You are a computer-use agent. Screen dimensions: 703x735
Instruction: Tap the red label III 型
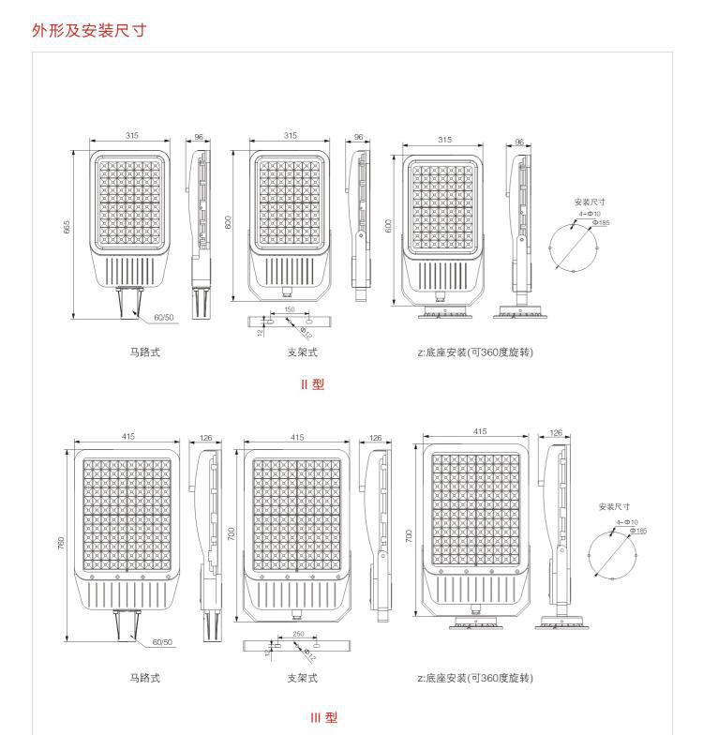[x=323, y=718]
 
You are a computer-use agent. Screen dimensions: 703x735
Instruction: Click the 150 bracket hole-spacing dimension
[x=289, y=308]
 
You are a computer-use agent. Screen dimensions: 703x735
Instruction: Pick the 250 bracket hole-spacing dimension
[x=297, y=634]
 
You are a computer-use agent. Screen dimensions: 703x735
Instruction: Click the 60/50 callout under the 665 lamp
[x=163, y=317]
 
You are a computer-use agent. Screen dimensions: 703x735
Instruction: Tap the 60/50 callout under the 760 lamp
[x=161, y=642]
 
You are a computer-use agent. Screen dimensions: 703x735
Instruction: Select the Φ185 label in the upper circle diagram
[x=601, y=222]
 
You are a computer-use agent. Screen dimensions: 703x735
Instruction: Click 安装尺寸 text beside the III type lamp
[x=614, y=507]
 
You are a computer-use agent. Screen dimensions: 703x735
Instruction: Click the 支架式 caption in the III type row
[x=302, y=677]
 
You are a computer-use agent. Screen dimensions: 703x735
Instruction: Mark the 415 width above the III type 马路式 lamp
[x=127, y=437]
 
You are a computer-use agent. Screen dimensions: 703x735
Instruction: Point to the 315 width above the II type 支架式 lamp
[x=290, y=136]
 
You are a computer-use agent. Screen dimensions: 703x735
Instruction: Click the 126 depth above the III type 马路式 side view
[x=205, y=437]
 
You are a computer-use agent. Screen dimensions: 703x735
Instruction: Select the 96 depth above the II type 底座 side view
[x=519, y=142]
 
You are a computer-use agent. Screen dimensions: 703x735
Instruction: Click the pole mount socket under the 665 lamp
[x=127, y=301]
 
